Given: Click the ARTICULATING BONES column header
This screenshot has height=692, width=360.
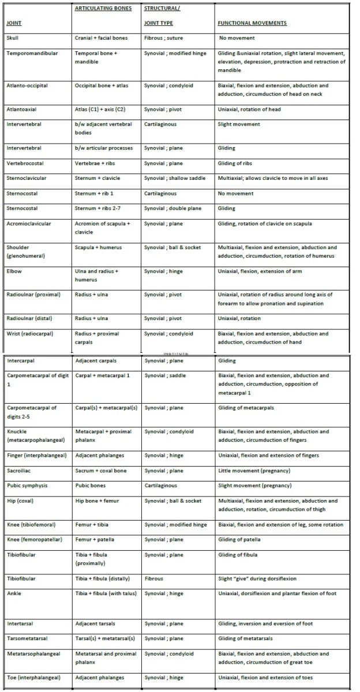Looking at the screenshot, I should pyautogui.click(x=103, y=8).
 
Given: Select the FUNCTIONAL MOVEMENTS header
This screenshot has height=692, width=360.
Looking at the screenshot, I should pyautogui.click(x=252, y=23).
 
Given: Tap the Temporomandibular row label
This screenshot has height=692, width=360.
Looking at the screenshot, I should pyautogui.click(x=32, y=53).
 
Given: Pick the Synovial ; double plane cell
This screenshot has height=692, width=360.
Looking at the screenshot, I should pyautogui.click(x=172, y=208).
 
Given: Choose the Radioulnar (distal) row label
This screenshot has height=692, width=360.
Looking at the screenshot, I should pyautogui.click(x=29, y=318).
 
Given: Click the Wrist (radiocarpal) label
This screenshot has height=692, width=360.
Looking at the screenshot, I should pyautogui.click(x=30, y=333).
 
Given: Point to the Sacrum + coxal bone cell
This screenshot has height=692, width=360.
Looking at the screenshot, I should pyautogui.click(x=101, y=471).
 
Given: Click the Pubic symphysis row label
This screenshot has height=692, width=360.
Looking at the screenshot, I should pyautogui.click(x=28, y=486).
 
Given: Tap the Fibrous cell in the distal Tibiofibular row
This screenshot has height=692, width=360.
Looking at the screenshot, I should pyautogui.click(x=154, y=578).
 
